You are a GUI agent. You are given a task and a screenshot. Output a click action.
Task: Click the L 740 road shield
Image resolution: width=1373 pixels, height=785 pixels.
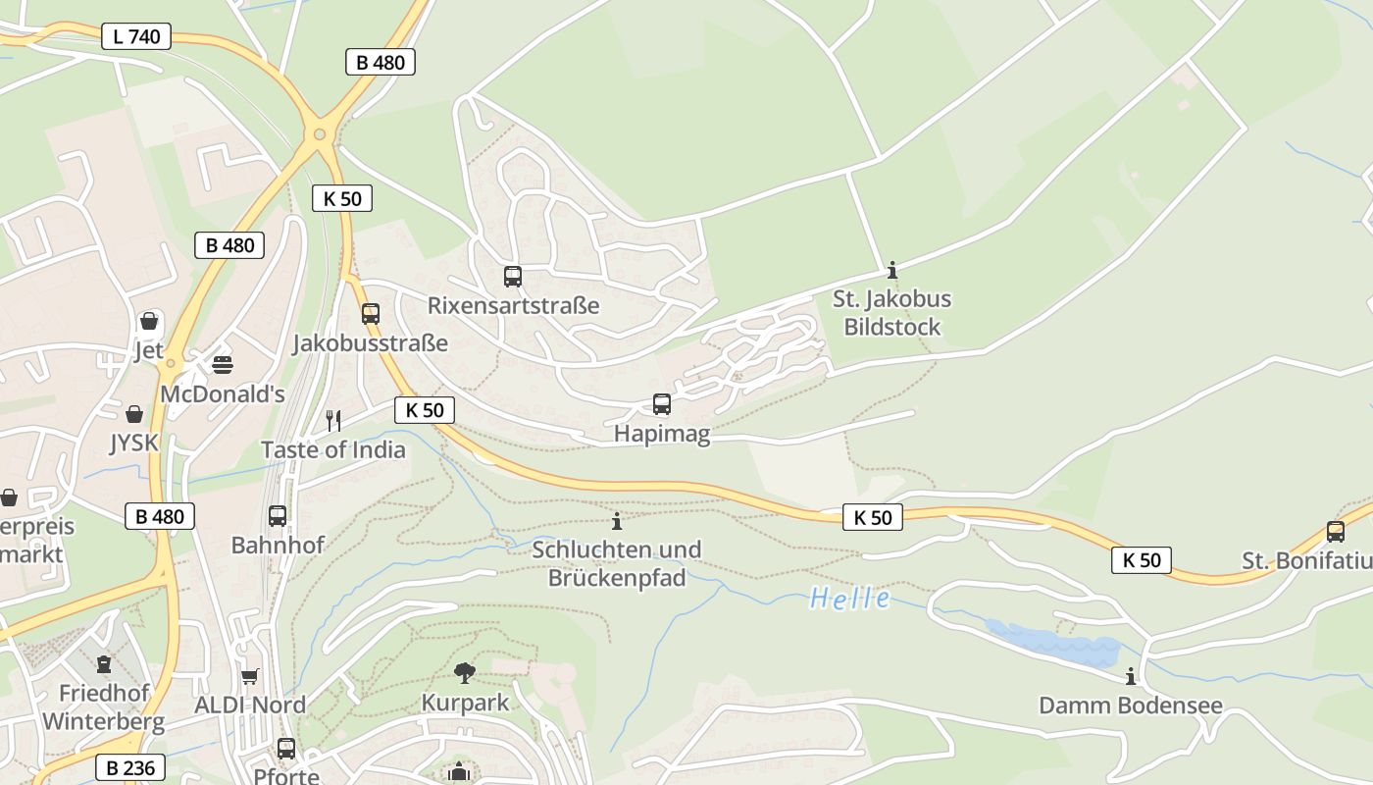(x=136, y=37)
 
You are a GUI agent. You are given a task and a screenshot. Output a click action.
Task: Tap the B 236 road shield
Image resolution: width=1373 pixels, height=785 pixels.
(x=130, y=767)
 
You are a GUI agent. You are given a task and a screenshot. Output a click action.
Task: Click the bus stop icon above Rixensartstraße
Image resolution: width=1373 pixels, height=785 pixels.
(x=513, y=277)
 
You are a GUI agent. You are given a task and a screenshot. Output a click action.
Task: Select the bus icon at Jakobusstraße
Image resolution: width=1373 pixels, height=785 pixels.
(x=370, y=314)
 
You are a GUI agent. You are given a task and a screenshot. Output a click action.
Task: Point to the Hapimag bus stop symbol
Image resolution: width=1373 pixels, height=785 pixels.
(x=662, y=404)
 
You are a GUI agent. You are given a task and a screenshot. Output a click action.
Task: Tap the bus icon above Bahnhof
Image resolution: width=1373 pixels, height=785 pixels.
(x=278, y=516)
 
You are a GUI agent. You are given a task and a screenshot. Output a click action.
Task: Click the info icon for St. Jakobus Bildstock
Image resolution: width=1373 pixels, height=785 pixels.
(x=891, y=270)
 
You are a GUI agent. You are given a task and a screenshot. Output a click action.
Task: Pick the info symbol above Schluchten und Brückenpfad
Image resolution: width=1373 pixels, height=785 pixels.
(x=617, y=521)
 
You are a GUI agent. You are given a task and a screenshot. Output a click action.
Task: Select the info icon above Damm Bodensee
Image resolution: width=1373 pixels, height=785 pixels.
(x=1131, y=676)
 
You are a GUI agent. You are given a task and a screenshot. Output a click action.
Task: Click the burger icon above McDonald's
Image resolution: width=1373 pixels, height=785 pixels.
(x=223, y=365)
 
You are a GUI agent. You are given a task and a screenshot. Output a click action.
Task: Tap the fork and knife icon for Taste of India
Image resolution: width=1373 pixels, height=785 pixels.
(x=333, y=421)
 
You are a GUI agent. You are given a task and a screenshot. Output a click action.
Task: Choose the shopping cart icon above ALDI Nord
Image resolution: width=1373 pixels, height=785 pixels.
(x=250, y=676)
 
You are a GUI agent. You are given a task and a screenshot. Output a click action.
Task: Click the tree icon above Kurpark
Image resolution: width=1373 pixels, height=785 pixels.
(x=465, y=672)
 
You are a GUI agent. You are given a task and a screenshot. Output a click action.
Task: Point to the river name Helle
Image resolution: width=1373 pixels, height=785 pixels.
(x=850, y=598)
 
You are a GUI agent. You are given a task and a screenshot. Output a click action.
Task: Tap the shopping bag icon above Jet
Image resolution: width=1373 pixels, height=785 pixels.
(x=149, y=321)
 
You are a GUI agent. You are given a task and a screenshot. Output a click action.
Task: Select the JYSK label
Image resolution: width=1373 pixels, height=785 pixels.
(x=133, y=443)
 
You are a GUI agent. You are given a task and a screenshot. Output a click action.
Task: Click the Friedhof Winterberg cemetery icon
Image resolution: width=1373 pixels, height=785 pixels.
(x=104, y=664)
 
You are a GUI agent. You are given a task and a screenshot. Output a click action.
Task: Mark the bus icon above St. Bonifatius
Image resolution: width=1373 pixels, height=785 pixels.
(x=1335, y=532)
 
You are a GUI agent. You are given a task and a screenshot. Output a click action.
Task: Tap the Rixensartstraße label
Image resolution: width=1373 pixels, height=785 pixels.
(x=513, y=305)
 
